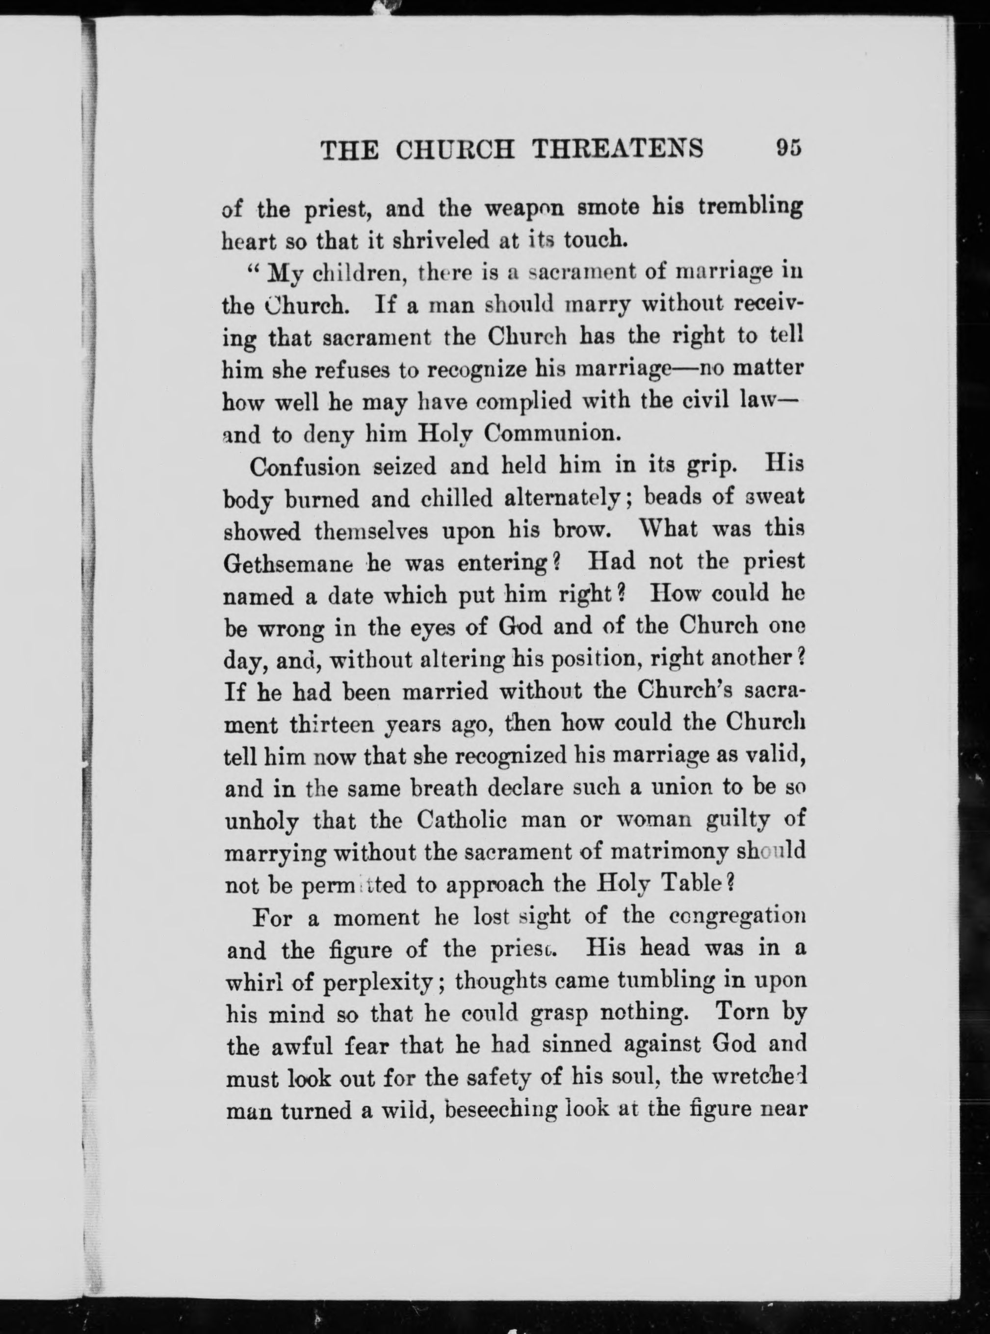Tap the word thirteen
click(333, 725)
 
